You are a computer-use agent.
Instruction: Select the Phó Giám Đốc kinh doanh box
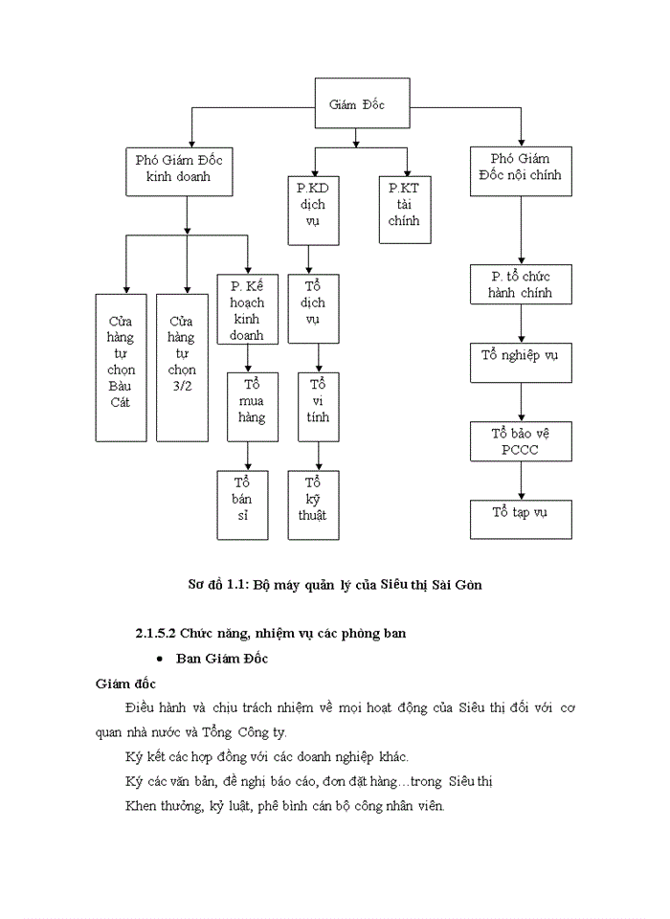tap(178, 168)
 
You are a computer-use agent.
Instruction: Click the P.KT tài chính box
tap(404, 205)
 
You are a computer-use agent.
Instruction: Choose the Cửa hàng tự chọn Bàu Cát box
tap(121, 367)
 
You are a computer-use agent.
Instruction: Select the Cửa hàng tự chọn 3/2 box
tap(181, 367)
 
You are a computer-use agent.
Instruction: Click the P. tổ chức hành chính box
tap(521, 284)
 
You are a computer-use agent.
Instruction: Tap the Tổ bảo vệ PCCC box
tap(521, 440)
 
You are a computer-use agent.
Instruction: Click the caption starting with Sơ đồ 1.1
tap(333, 584)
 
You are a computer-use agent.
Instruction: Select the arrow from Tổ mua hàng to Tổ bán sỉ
tap(249, 455)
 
